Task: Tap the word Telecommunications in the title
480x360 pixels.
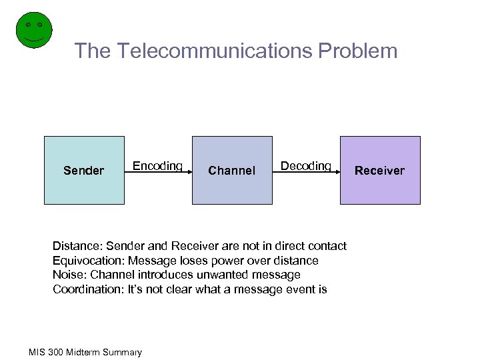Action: click(x=203, y=51)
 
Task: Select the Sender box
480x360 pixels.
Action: click(x=84, y=170)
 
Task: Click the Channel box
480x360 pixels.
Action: click(x=232, y=170)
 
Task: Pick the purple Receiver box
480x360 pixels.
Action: click(x=380, y=170)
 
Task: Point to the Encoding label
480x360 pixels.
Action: click(x=157, y=165)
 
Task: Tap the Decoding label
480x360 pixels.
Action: click(x=305, y=165)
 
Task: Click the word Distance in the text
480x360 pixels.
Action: click(x=76, y=246)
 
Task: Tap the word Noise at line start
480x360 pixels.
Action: click(x=67, y=275)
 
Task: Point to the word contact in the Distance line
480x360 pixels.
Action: click(x=327, y=246)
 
